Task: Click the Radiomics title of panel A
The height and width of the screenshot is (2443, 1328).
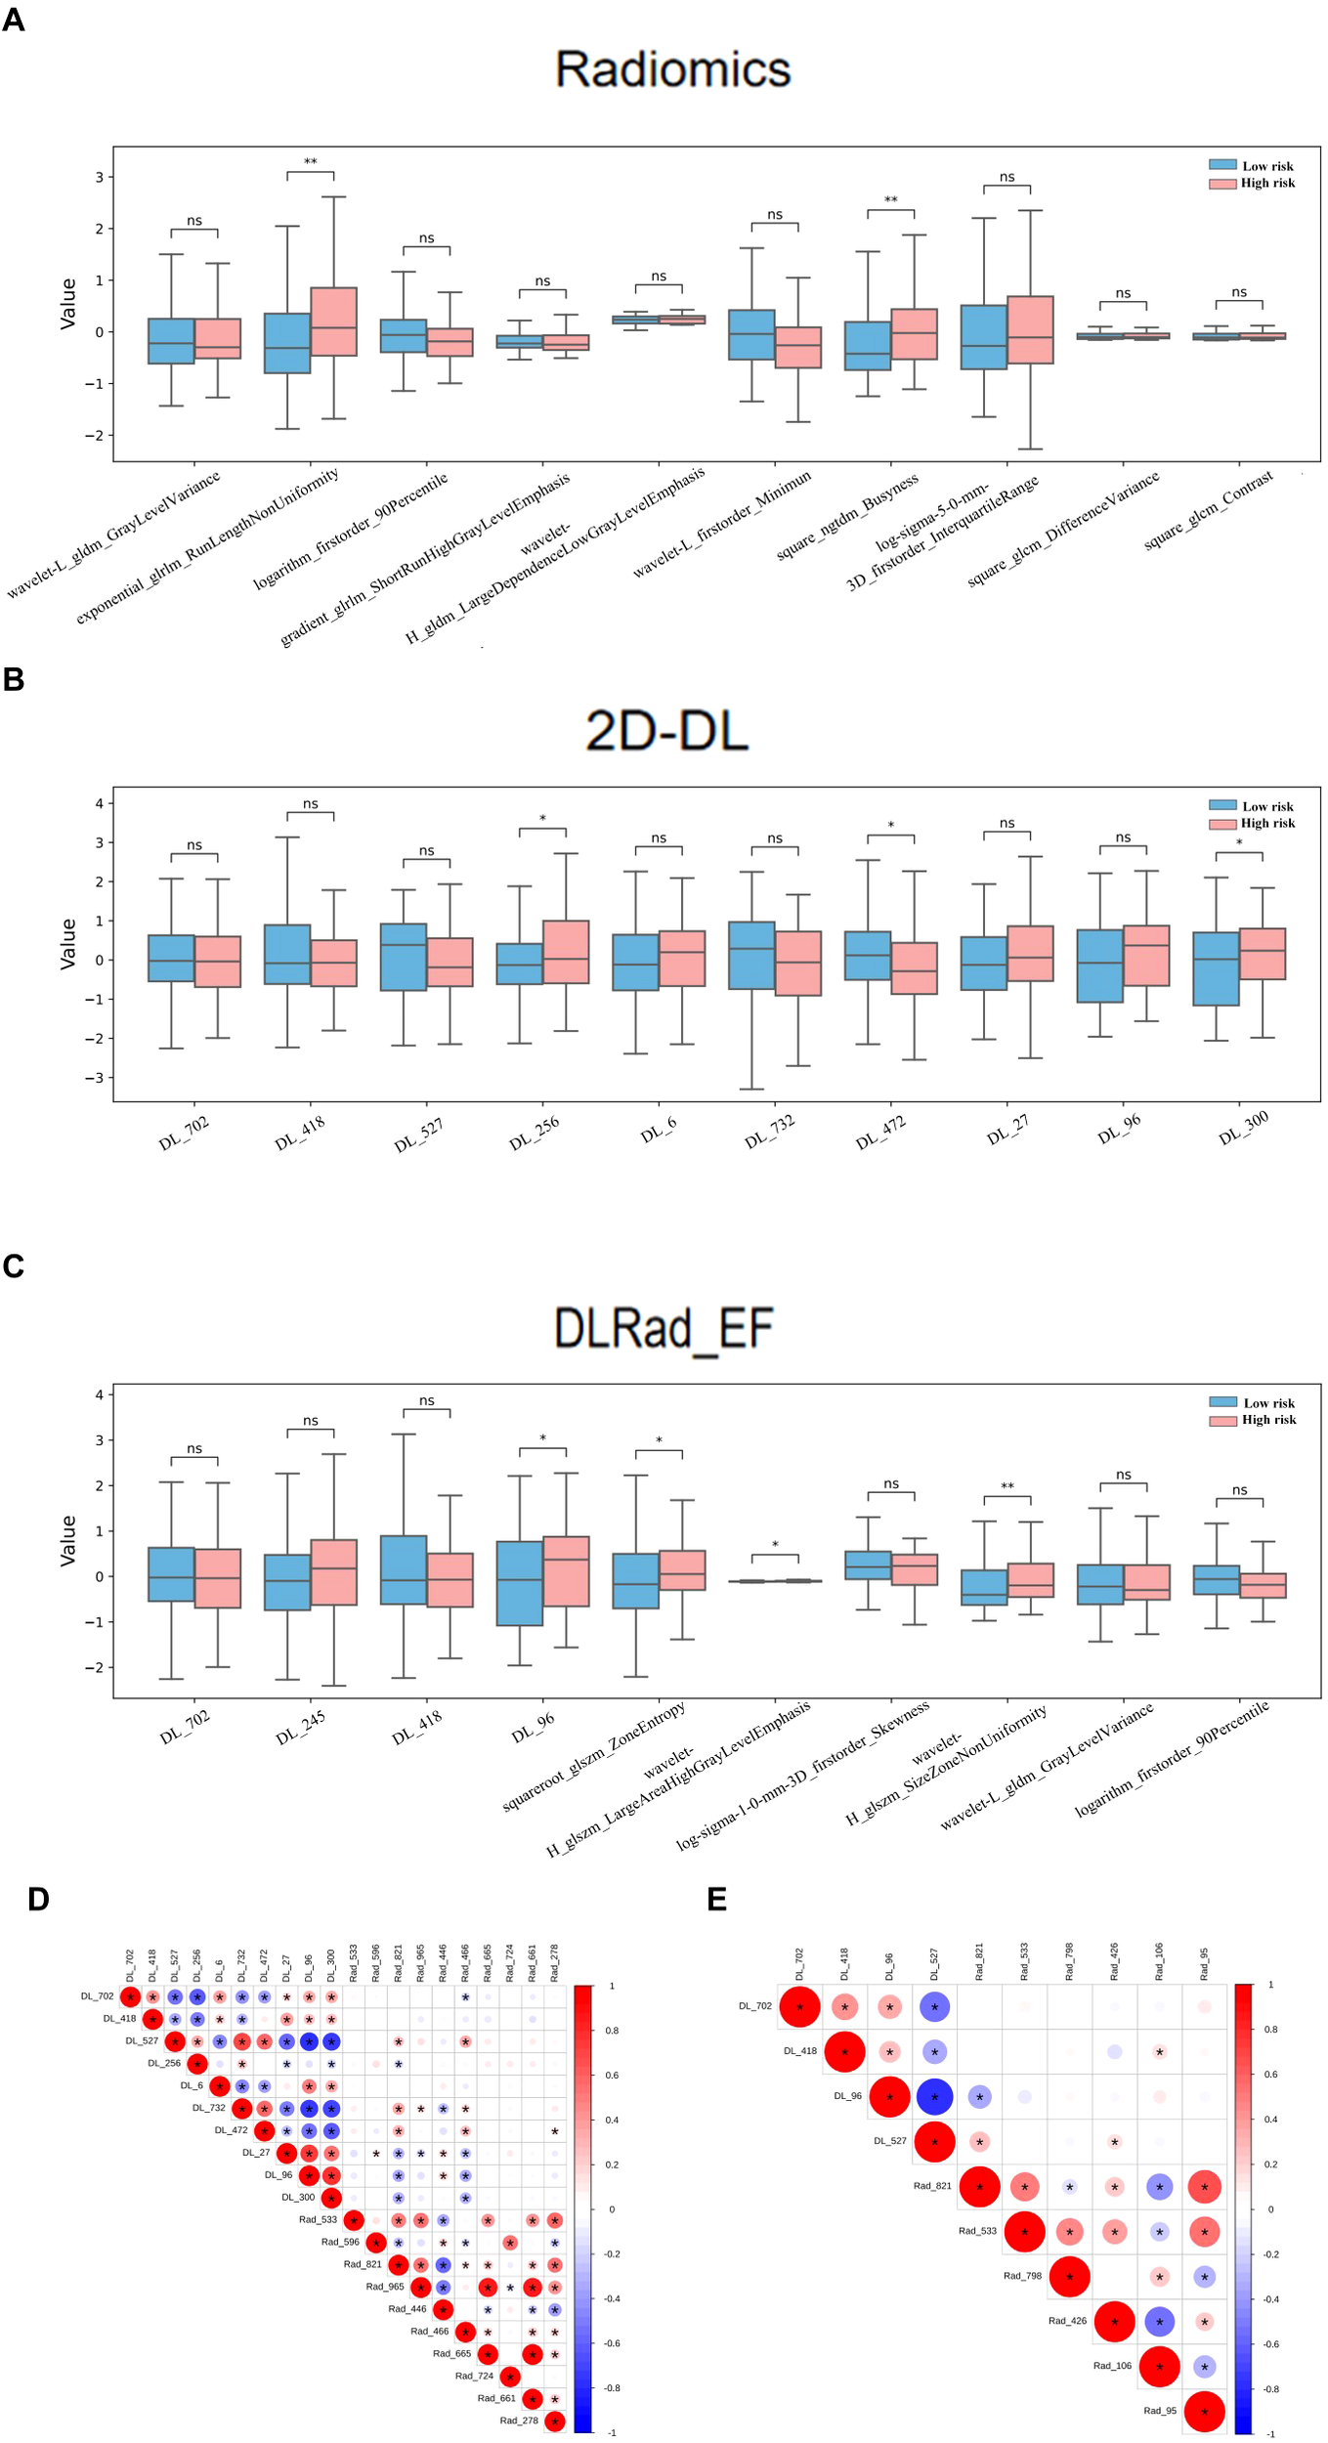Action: (x=672, y=69)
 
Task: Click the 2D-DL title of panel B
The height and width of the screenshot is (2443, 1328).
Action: (x=666, y=731)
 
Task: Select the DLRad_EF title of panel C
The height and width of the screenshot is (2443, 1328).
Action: (x=664, y=1328)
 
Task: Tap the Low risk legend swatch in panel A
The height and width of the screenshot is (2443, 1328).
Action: (x=1222, y=165)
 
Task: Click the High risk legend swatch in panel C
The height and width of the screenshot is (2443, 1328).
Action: (x=1222, y=1420)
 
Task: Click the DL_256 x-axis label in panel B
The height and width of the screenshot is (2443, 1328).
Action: (x=535, y=1133)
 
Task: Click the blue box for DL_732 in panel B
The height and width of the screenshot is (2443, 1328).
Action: (x=751, y=955)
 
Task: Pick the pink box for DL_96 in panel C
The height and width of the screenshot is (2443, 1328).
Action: (x=566, y=1571)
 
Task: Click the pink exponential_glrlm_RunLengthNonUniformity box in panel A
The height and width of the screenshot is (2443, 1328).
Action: (x=333, y=321)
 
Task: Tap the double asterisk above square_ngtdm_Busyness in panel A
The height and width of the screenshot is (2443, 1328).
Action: (x=890, y=200)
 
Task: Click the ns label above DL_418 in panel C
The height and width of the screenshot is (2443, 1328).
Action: (x=427, y=1400)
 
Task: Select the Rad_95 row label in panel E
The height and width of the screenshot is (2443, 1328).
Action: (x=1160, y=2411)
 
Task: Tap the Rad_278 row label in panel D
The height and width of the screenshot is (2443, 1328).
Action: (x=518, y=2421)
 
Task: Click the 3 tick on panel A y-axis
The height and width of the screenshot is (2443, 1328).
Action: (x=99, y=177)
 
